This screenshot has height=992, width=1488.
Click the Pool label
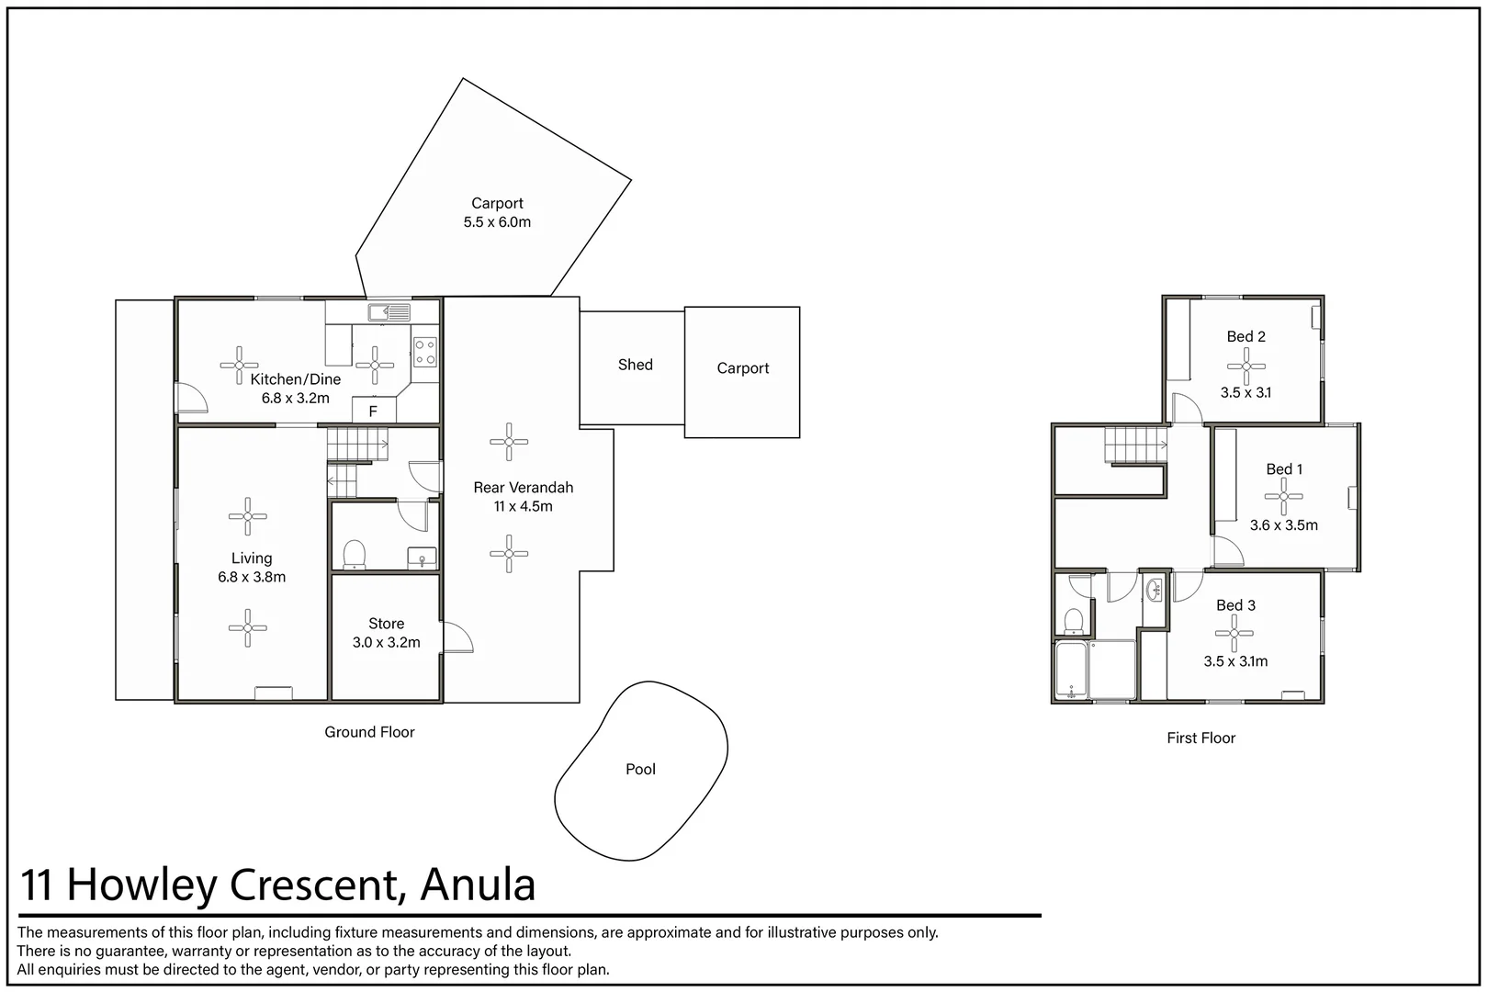point(640,770)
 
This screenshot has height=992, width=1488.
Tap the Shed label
point(635,365)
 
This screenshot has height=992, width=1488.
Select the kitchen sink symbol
point(389,313)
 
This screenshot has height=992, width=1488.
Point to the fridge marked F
point(374,411)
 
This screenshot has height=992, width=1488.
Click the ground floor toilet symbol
point(354,555)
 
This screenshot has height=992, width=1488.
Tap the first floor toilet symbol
point(1072,621)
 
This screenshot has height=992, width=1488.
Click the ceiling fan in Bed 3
point(1234,633)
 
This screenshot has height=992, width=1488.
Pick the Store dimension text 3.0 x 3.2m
point(386,643)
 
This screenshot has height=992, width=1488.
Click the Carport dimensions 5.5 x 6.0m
point(497,222)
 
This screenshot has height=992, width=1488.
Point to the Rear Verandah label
point(523,488)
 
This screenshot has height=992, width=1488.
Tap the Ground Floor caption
point(369,732)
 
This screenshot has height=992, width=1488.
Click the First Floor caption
point(1201,738)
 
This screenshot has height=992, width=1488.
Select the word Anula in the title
point(478,885)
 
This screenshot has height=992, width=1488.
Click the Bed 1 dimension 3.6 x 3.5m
point(1283,525)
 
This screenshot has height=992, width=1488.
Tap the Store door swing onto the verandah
point(457,637)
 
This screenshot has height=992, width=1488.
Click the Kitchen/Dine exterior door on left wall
point(192,397)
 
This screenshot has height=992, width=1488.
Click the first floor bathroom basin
point(1155,590)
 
